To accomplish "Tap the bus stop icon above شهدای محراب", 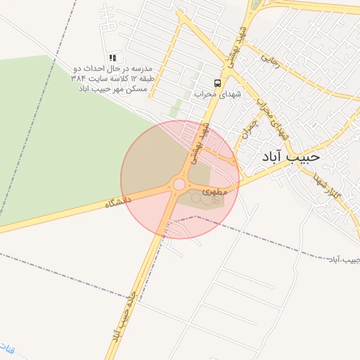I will pyautogui.click(x=217, y=82).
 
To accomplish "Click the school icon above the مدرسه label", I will pyautogui.click(x=112, y=58).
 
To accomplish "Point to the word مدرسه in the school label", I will pyautogui.click(x=143, y=69).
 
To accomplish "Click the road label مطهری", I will pyautogui.click(x=216, y=191).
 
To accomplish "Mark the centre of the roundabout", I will pyautogui.click(x=179, y=184).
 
